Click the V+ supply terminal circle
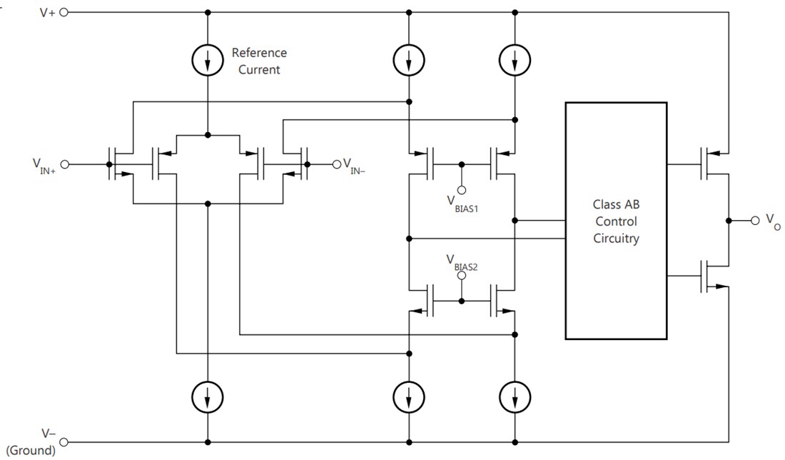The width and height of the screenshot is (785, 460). pyautogui.click(x=64, y=12)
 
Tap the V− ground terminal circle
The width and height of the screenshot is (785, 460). pyautogui.click(x=64, y=441)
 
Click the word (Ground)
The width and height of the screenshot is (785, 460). pyautogui.click(x=30, y=451)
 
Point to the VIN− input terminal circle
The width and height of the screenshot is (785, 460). pyautogui.click(x=336, y=164)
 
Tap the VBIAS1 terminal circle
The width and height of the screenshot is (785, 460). pyautogui.click(x=461, y=190)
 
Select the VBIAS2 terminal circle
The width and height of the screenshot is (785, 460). pyautogui.click(x=461, y=274)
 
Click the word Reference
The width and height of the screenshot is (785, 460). pyautogui.click(x=259, y=53)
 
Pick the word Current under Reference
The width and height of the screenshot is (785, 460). pyautogui.click(x=259, y=69)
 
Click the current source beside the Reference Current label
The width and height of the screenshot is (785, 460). pyautogui.click(x=208, y=61)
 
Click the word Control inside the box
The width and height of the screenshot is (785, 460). pyautogui.click(x=616, y=221)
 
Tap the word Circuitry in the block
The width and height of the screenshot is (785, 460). pyautogui.click(x=616, y=239)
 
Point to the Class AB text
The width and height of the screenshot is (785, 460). pyautogui.click(x=616, y=204)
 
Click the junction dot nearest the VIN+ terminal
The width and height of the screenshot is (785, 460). pyautogui.click(x=108, y=164)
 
